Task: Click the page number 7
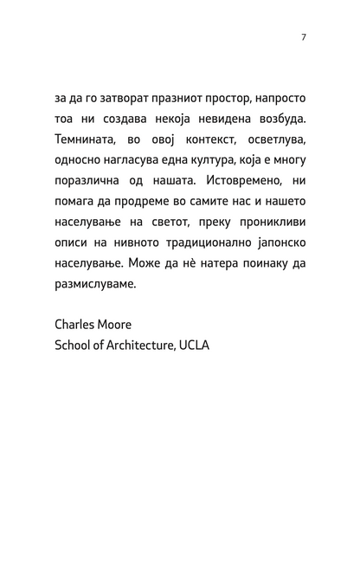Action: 304,37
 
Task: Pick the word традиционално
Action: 195,244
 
